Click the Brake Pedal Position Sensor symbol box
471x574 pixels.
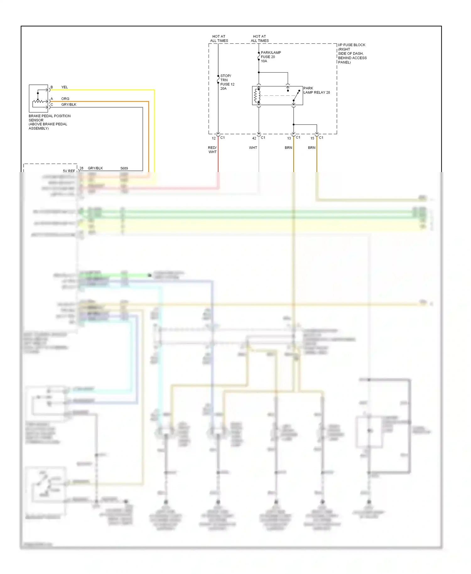click(x=38, y=98)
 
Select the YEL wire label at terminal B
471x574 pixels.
click(x=64, y=87)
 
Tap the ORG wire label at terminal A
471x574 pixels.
click(x=65, y=99)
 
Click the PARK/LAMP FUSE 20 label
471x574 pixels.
click(x=270, y=57)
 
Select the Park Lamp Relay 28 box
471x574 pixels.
click(x=277, y=95)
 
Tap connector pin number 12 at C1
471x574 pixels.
click(x=214, y=138)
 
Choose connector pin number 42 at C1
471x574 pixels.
click(x=254, y=138)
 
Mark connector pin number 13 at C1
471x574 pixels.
click(x=289, y=138)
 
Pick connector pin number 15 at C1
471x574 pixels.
click(x=312, y=138)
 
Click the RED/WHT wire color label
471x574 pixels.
click(x=212, y=150)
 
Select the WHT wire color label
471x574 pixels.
click(x=253, y=148)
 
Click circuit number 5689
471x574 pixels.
click(x=124, y=168)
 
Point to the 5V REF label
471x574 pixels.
click(x=69, y=171)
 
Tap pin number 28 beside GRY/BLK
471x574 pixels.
click(x=81, y=168)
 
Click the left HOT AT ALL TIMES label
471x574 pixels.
click(x=219, y=39)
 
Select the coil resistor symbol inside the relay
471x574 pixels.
click(x=256, y=96)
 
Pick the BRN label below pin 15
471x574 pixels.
click(x=311, y=148)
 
